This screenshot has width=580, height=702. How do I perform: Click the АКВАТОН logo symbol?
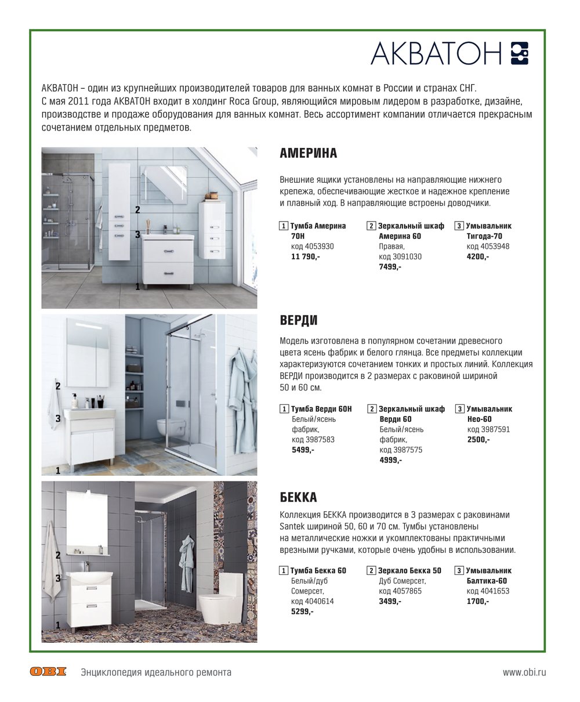click(520, 53)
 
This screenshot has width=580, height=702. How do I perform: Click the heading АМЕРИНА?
click(308, 154)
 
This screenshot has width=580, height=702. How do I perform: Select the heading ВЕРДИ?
click(299, 321)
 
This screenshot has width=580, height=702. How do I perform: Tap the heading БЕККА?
click(298, 497)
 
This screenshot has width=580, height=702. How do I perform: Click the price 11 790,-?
click(306, 256)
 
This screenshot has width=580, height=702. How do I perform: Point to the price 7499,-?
click(390, 267)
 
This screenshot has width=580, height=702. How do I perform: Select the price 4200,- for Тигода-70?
click(477, 256)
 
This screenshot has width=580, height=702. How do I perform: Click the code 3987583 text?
click(313, 440)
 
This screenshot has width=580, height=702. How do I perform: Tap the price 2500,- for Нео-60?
click(478, 440)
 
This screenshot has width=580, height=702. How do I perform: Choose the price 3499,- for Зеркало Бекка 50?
click(390, 601)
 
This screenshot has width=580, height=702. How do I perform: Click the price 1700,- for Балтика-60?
click(477, 601)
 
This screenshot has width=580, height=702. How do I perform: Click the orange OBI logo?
click(48, 672)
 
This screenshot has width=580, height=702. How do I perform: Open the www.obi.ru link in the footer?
click(524, 672)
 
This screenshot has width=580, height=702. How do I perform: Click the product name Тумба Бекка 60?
click(318, 570)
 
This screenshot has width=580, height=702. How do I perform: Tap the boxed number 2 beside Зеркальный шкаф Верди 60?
click(372, 409)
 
